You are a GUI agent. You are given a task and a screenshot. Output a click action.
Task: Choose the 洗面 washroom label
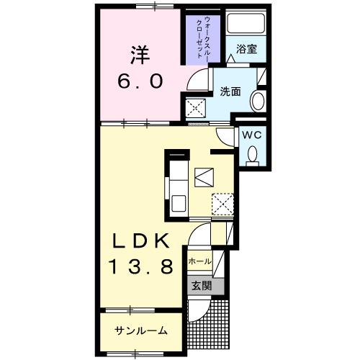230,91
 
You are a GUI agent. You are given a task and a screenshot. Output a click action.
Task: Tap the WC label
251,135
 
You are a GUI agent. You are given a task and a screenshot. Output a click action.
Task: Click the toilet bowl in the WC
252,154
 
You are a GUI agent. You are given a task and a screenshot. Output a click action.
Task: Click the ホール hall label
199,261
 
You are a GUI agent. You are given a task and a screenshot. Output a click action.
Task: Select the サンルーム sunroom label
141,330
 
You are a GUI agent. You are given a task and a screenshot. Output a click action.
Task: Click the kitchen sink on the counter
178,201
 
